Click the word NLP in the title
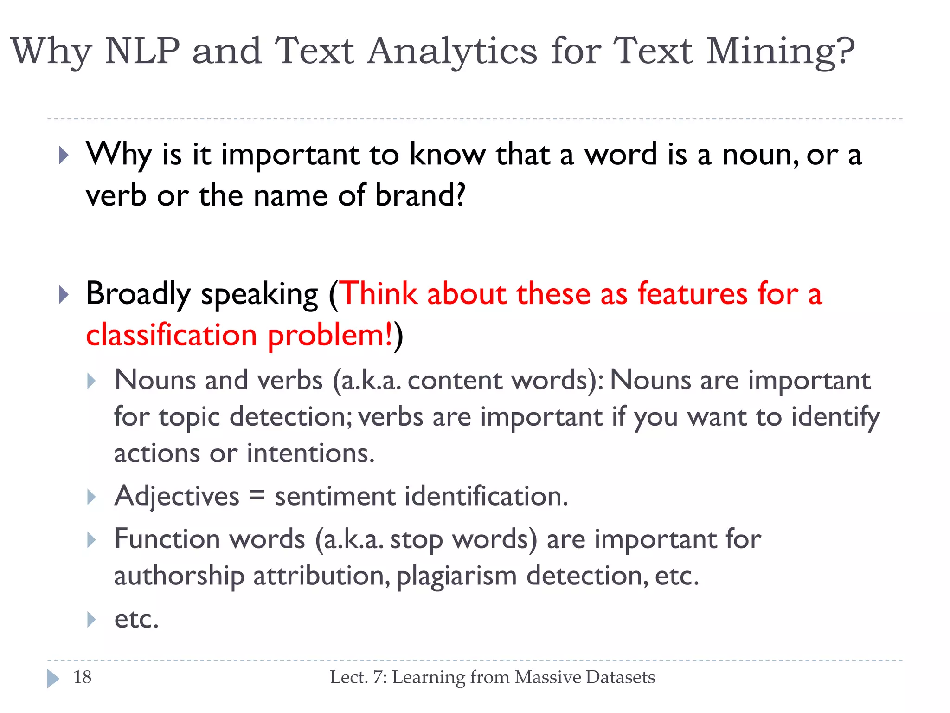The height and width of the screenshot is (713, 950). (x=142, y=51)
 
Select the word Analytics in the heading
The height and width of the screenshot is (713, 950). (x=452, y=52)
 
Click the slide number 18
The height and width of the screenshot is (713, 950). (x=83, y=677)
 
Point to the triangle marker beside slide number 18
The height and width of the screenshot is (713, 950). (x=53, y=678)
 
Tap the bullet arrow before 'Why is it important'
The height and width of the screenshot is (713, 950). (x=64, y=156)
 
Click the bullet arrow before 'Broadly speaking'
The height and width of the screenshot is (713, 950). (x=64, y=295)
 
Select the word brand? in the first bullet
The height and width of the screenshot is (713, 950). (x=420, y=195)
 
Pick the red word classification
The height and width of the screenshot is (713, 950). (x=172, y=335)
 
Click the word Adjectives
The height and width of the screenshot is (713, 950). (x=177, y=496)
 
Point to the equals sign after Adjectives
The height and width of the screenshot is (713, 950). (x=257, y=495)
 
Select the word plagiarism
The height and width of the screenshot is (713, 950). (x=457, y=576)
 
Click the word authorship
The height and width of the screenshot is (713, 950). (x=179, y=576)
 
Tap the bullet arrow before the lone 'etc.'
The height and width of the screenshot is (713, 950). (x=91, y=619)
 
